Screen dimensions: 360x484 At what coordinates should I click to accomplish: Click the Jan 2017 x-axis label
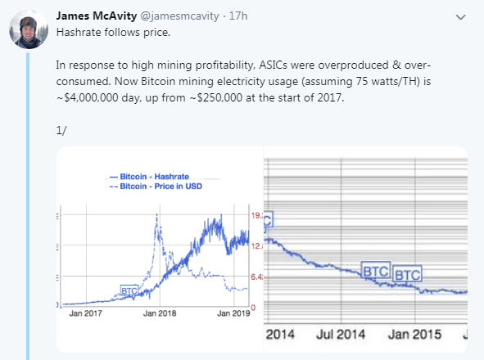click(86, 313)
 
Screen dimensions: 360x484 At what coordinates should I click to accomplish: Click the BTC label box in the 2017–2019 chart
click(130, 290)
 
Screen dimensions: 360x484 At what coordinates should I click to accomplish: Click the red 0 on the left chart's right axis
click(253, 306)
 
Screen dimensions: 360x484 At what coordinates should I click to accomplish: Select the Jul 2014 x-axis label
click(339, 335)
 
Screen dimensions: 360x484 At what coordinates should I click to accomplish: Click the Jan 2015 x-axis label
click(414, 335)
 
